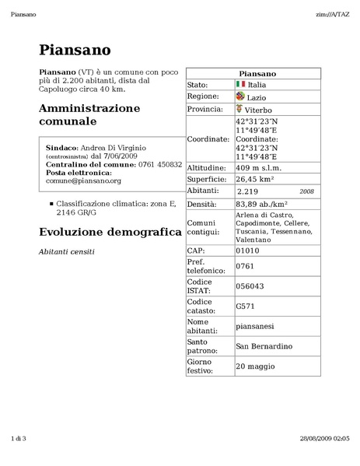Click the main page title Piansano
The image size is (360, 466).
coord(75,50)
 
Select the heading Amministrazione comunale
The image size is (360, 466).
coord(89,114)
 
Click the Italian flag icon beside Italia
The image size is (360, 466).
coord(240,84)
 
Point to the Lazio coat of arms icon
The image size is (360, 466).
coord(240,96)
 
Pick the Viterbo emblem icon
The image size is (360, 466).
coord(239,110)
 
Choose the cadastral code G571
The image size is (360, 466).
coord(246,307)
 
